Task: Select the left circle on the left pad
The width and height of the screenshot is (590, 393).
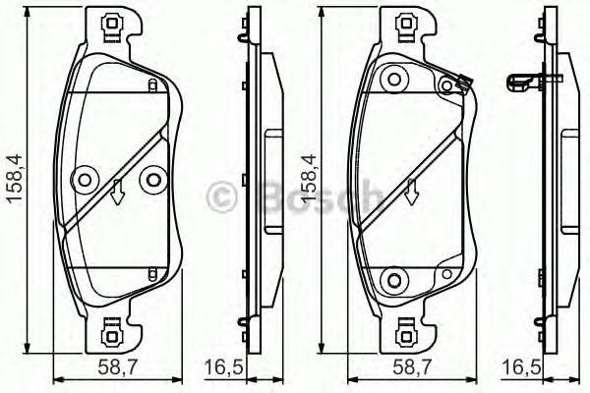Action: click(x=84, y=179)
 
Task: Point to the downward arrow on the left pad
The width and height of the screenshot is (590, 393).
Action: click(x=117, y=194)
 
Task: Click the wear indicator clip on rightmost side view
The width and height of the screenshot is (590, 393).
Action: click(x=522, y=83)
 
